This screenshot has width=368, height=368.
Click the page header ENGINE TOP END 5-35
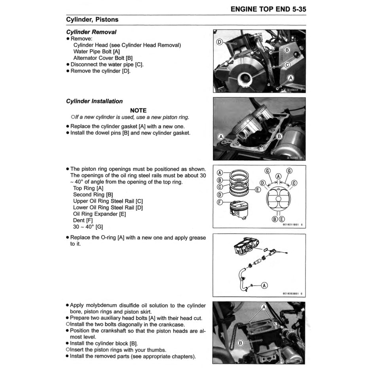pyautogui.click(x=268, y=9)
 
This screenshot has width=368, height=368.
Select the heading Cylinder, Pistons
pyautogui.click(x=92, y=19)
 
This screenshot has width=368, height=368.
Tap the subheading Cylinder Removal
pyautogui.click(x=91, y=32)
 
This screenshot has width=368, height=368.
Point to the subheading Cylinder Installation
pyautogui.click(x=94, y=101)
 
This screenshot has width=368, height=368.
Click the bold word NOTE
pyautogui.click(x=138, y=110)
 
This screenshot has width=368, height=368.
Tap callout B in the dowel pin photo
pyautogui.click(x=279, y=137)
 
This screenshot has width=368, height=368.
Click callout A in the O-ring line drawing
pyautogui.click(x=264, y=285)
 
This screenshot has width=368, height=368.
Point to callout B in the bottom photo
pyautogui.click(x=240, y=343)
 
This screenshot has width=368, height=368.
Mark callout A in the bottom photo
pyautogui.click(x=264, y=307)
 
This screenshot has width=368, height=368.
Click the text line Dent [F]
pyautogui.click(x=84, y=220)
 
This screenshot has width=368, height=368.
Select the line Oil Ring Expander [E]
pyautogui.click(x=100, y=214)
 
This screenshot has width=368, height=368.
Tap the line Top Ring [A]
pyautogui.click(x=88, y=188)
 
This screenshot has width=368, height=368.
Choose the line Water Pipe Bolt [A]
pyautogui.click(x=97, y=51)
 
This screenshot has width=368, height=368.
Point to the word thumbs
pyautogui.click(x=157, y=350)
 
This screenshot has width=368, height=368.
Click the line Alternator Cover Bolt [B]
pyautogui.click(x=103, y=58)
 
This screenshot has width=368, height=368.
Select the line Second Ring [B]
pyautogui.click(x=93, y=195)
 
